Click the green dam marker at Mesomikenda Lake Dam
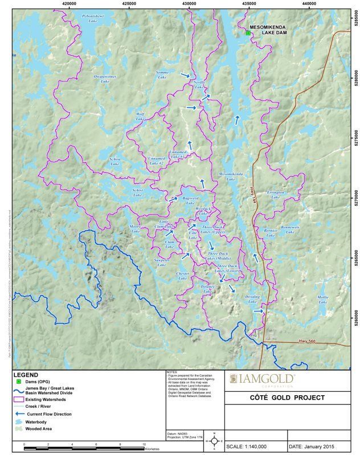248,33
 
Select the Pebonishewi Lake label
93,18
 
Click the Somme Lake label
162,75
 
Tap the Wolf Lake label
140,116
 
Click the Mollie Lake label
323,300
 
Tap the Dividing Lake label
252,300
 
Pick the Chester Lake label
182,276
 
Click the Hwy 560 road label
306,341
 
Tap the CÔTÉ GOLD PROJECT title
290,397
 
